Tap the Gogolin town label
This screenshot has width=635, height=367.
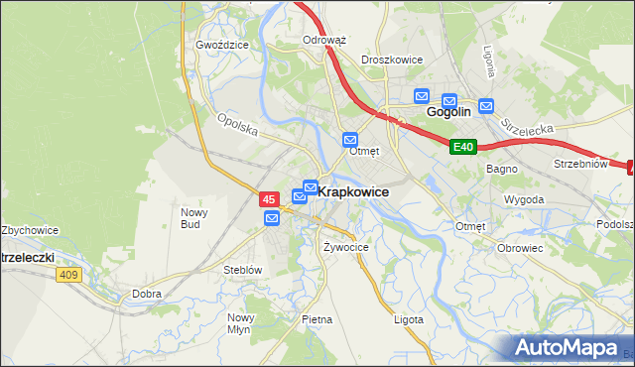coord(447,113)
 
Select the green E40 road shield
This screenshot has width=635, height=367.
coord(463,148)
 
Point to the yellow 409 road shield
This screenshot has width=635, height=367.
coord(67,275)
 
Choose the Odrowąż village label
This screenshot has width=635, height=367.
coord(323,41)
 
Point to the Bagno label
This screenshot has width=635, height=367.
coord(498,170)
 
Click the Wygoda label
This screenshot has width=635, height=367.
coord(524,199)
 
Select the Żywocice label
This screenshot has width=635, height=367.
coord(346,246)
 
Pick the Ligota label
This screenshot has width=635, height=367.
coord(409,319)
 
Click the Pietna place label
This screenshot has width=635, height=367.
coord(317,319)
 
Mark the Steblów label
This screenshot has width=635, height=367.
coord(242,270)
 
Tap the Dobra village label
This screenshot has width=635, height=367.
coord(147,295)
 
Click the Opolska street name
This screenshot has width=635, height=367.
coord(237,125)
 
